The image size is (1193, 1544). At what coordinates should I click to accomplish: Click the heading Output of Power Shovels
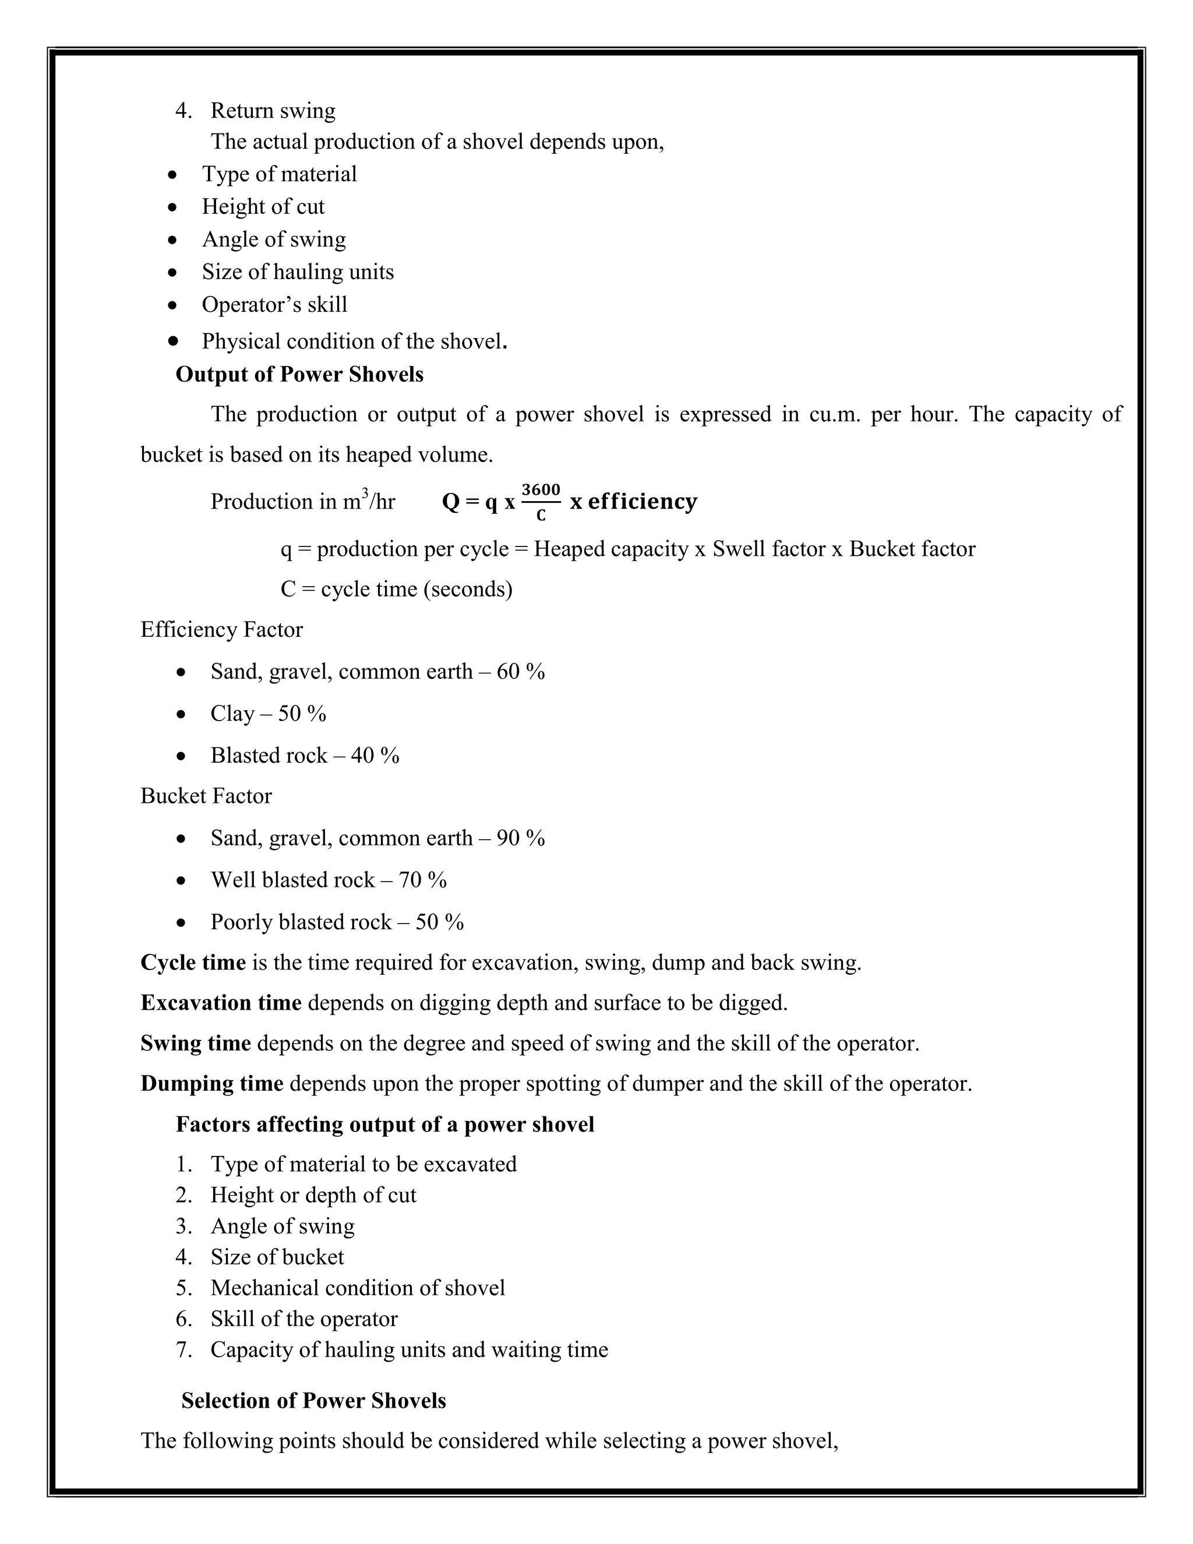click(299, 375)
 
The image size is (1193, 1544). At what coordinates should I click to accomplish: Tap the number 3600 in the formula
click(541, 490)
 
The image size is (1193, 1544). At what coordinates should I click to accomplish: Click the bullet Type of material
click(279, 174)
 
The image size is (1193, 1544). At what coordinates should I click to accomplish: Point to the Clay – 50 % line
click(268, 713)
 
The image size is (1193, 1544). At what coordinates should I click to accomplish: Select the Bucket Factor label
click(206, 796)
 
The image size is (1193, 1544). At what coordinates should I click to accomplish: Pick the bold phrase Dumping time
click(211, 1084)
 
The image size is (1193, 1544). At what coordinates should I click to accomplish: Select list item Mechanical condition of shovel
click(358, 1288)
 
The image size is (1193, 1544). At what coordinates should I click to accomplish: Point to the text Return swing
click(273, 111)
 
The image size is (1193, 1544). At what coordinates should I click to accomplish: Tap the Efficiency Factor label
click(221, 630)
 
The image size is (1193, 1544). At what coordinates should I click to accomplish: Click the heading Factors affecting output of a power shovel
click(384, 1124)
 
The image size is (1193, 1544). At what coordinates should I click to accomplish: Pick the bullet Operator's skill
click(274, 305)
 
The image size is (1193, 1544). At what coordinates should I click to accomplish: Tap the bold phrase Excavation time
click(221, 1003)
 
